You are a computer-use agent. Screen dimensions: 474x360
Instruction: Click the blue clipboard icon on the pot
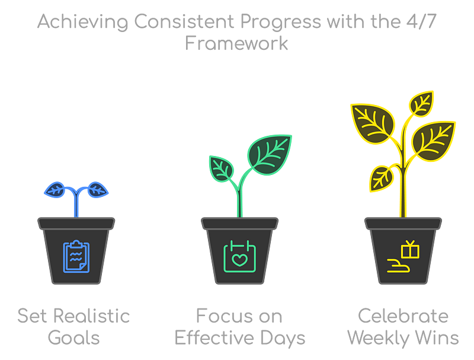(76, 257)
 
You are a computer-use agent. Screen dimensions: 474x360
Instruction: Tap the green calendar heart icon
(240, 257)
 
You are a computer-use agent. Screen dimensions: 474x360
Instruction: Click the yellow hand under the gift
(399, 266)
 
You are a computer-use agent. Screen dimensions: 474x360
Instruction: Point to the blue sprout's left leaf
(55, 190)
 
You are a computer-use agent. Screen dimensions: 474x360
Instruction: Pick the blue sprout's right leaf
(98, 190)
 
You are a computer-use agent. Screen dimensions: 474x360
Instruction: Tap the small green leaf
(221, 169)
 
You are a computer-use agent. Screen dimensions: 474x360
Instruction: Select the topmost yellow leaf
(421, 103)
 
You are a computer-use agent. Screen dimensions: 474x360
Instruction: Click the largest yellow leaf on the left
(373, 123)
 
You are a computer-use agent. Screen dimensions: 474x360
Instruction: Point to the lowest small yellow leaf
(382, 179)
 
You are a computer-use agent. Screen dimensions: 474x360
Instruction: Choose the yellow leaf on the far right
(434, 141)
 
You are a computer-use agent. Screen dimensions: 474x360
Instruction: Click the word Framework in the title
(236, 43)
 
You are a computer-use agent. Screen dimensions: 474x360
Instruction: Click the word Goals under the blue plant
(73, 338)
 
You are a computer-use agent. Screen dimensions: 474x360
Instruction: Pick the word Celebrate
(403, 316)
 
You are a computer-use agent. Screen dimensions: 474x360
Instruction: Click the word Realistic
(92, 316)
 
